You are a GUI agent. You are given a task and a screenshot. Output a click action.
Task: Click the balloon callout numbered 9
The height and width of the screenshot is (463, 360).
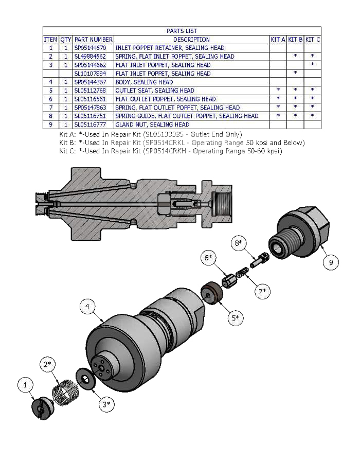click(x=331, y=262)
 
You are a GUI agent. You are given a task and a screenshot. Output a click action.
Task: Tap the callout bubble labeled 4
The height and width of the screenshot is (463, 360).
click(x=88, y=307)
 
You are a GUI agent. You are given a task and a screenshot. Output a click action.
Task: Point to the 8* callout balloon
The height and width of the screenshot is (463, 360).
click(x=238, y=243)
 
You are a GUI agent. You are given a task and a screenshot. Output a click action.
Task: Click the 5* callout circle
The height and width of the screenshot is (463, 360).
click(x=236, y=317)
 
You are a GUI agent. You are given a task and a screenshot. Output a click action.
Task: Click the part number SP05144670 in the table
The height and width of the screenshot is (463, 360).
click(x=93, y=48)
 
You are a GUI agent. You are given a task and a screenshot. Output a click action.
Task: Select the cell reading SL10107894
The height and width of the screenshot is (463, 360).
click(x=93, y=74)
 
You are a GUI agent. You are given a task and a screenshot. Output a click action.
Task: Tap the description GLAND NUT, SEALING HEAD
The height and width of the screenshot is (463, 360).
click(x=152, y=124)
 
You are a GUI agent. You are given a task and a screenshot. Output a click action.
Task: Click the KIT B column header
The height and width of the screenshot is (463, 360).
click(x=295, y=39)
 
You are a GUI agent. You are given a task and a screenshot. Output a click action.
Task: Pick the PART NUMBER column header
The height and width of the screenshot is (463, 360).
click(x=93, y=39)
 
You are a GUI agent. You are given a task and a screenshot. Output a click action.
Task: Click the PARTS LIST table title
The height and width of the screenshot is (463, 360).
click(x=182, y=31)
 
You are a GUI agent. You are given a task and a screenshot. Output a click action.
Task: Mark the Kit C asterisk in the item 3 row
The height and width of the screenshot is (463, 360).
click(x=312, y=65)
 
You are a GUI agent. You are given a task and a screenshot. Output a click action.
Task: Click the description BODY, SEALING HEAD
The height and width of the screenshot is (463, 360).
click(x=144, y=82)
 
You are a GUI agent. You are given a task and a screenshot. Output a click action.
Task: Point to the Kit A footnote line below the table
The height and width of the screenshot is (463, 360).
click(x=150, y=134)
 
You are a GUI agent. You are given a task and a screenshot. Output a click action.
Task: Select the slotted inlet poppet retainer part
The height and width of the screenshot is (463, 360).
click(x=41, y=408)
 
